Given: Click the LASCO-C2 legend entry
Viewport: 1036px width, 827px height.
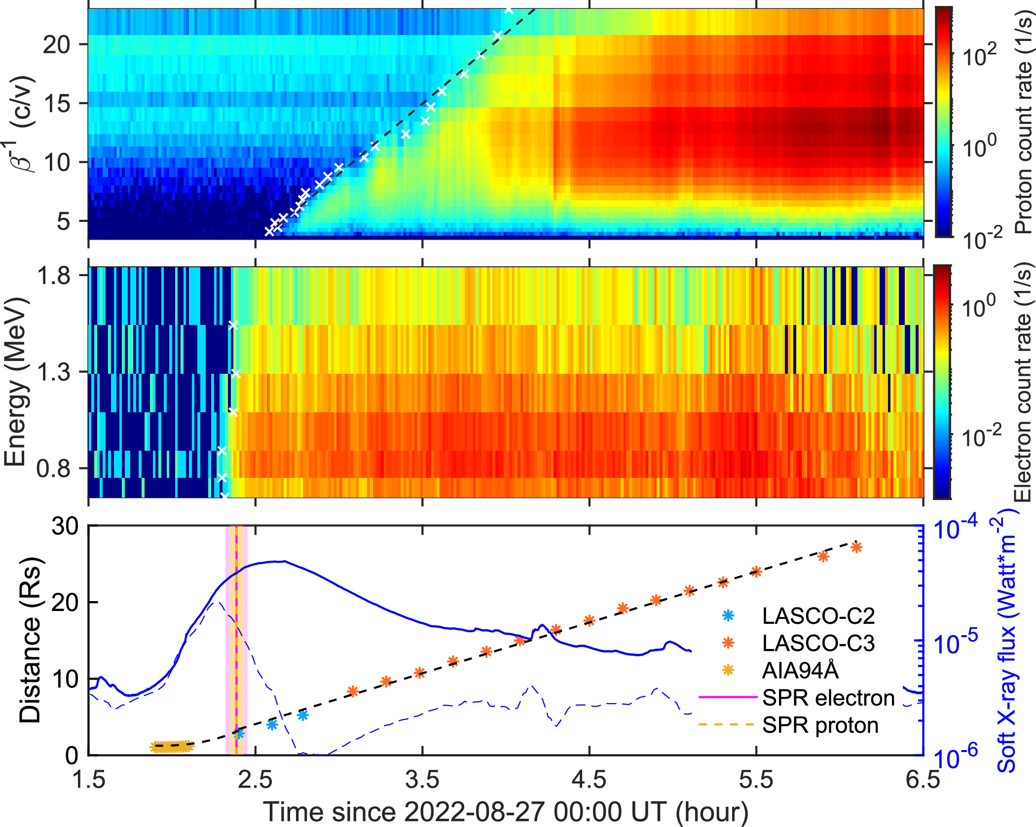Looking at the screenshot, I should click(818, 616).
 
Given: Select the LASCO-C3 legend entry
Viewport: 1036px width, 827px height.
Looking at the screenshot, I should click(818, 643).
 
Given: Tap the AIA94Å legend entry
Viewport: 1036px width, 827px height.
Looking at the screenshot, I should click(800, 670).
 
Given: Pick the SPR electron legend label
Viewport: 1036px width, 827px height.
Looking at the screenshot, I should click(828, 698).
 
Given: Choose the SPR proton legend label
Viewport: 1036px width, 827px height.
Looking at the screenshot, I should click(820, 725).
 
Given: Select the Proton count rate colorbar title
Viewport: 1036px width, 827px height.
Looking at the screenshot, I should click(1024, 123).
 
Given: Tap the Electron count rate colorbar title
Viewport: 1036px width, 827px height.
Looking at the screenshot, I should click(1023, 382).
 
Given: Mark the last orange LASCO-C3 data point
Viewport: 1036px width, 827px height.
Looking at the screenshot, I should click(856, 547).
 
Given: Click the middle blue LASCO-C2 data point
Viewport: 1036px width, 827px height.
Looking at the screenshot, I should click(272, 724).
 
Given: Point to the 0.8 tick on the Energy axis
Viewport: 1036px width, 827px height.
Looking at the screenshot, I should click(57, 468).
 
